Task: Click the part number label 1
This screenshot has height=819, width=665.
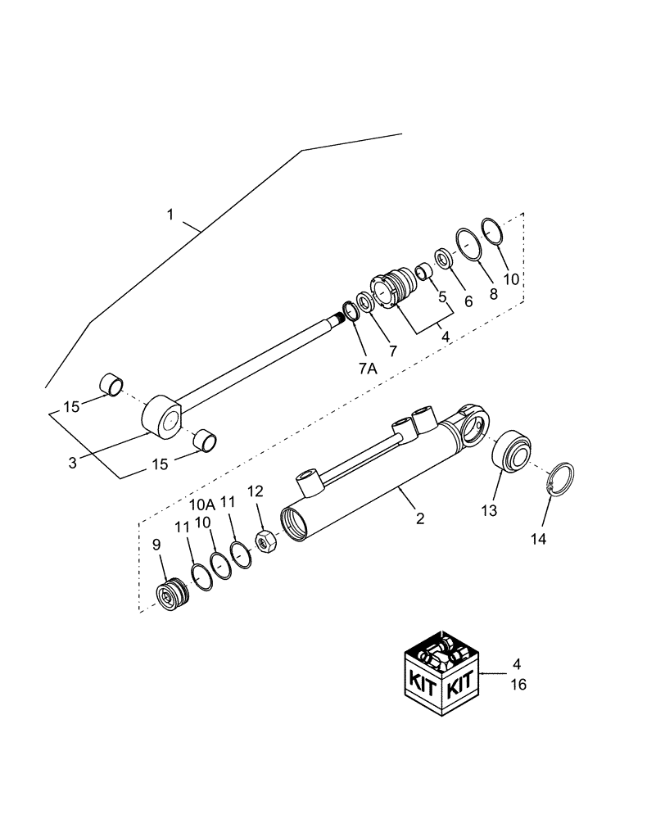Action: [x=170, y=215]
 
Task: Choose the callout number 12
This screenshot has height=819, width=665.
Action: [x=256, y=491]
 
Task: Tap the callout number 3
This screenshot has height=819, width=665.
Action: [x=73, y=463]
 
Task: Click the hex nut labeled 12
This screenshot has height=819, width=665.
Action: [x=266, y=542]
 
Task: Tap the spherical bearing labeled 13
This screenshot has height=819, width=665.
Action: [x=514, y=450]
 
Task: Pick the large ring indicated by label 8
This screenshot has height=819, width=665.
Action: [x=468, y=243]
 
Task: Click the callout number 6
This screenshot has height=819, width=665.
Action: [x=468, y=301]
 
